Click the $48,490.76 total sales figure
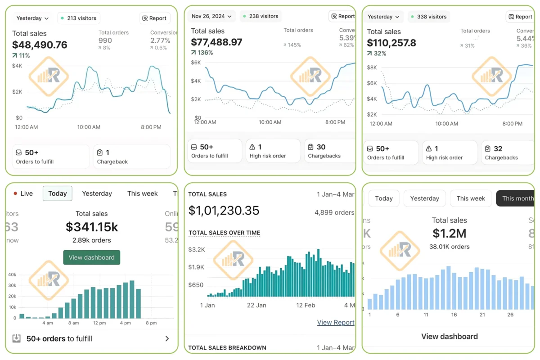click(x=40, y=45)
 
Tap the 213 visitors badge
click(x=79, y=18)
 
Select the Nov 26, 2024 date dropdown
click(x=211, y=16)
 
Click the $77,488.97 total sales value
click(x=216, y=42)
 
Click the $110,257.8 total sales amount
click(x=391, y=43)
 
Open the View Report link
click(x=335, y=322)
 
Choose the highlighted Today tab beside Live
click(x=58, y=193)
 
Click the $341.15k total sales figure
click(x=92, y=226)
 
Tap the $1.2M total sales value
click(x=449, y=233)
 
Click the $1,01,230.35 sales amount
click(x=224, y=211)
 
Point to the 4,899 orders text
click(x=334, y=212)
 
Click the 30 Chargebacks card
click(x=329, y=151)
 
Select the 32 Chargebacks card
click(x=507, y=153)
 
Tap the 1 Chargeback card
click(x=131, y=157)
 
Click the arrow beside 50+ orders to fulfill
click(x=167, y=339)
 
